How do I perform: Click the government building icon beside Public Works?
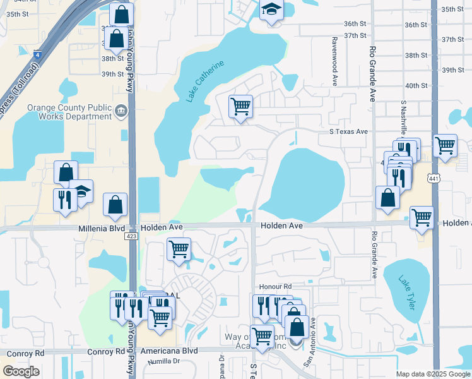(121, 112)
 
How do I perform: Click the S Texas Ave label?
(348, 131)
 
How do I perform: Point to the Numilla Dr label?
(163, 362)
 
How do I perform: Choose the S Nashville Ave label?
(403, 120)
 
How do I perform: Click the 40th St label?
(416, 85)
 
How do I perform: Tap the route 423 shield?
(131, 236)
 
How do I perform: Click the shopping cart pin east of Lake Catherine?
(240, 106)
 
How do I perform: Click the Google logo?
(20, 371)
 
